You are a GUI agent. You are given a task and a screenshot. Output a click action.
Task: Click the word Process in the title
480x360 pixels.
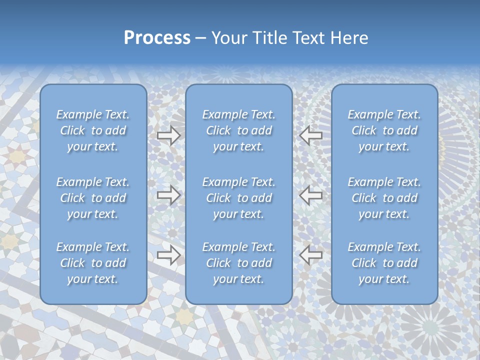(x=157, y=38)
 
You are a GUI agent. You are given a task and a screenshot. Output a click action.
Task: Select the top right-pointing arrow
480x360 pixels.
(x=168, y=135)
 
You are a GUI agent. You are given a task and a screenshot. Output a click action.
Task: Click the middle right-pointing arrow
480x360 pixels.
(x=168, y=195)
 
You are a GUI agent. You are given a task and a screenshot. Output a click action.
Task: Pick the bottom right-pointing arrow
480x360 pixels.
(x=168, y=255)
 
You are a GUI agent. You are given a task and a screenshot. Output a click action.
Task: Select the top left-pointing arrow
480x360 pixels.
(x=311, y=135)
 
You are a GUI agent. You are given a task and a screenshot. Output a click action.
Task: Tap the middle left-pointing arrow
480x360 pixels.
(x=311, y=195)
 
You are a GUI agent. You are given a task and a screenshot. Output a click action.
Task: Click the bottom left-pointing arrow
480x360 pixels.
(x=311, y=255)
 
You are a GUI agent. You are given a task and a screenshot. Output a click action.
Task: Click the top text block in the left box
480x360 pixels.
(x=93, y=130)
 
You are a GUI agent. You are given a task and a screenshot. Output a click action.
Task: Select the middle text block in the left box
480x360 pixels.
(x=93, y=198)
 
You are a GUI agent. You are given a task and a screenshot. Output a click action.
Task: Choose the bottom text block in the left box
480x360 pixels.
(x=93, y=263)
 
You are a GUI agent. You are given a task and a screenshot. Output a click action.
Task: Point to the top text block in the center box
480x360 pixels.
(x=238, y=130)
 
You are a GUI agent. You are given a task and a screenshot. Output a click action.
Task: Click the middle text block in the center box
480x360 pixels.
(x=238, y=198)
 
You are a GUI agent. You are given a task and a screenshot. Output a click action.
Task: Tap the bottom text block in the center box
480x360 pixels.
(x=238, y=263)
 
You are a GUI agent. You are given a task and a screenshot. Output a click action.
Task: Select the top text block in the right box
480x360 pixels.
(x=384, y=130)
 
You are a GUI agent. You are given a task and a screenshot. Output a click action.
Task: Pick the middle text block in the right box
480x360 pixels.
(x=384, y=198)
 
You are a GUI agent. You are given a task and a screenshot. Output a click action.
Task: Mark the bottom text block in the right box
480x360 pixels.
(x=384, y=263)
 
